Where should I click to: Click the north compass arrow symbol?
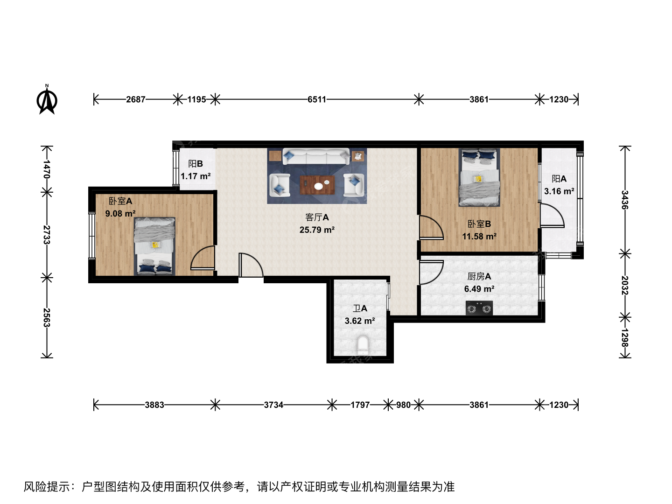click(x=47, y=99)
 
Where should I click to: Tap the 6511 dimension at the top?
click(x=317, y=99)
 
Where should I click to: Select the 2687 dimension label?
click(x=136, y=99)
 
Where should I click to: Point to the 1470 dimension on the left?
click(x=47, y=169)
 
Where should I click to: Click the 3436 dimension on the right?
click(x=625, y=200)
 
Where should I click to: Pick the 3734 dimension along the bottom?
click(x=273, y=405)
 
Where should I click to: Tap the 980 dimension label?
click(x=403, y=405)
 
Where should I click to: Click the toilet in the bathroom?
click(x=363, y=344)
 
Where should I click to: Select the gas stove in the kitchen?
click(x=479, y=308)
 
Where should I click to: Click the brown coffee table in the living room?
click(x=317, y=185)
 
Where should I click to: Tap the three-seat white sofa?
click(x=316, y=156)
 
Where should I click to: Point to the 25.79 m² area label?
click(x=317, y=230)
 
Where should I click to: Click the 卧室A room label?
click(x=120, y=201)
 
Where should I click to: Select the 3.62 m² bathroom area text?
click(x=360, y=321)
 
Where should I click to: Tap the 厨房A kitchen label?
click(x=479, y=276)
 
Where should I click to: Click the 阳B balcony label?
click(x=196, y=164)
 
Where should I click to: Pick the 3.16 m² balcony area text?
click(x=559, y=191)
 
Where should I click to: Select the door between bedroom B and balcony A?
click(x=552, y=216)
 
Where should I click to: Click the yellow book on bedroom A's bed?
click(x=156, y=245)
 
